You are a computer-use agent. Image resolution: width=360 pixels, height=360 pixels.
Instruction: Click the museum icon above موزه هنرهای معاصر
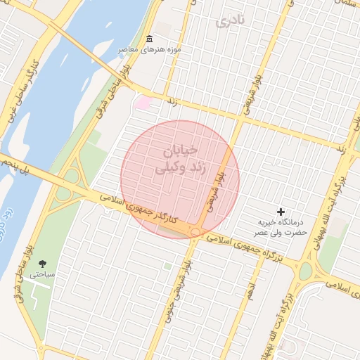[x=148, y=39]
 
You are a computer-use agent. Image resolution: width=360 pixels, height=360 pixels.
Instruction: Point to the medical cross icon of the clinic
[x=281, y=212]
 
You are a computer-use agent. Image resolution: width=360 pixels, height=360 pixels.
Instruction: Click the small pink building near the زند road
[x=143, y=103]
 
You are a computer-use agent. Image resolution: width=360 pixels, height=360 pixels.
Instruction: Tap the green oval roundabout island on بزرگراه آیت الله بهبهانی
[x=305, y=270]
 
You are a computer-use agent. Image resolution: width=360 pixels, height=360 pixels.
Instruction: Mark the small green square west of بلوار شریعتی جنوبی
[x=167, y=266]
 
